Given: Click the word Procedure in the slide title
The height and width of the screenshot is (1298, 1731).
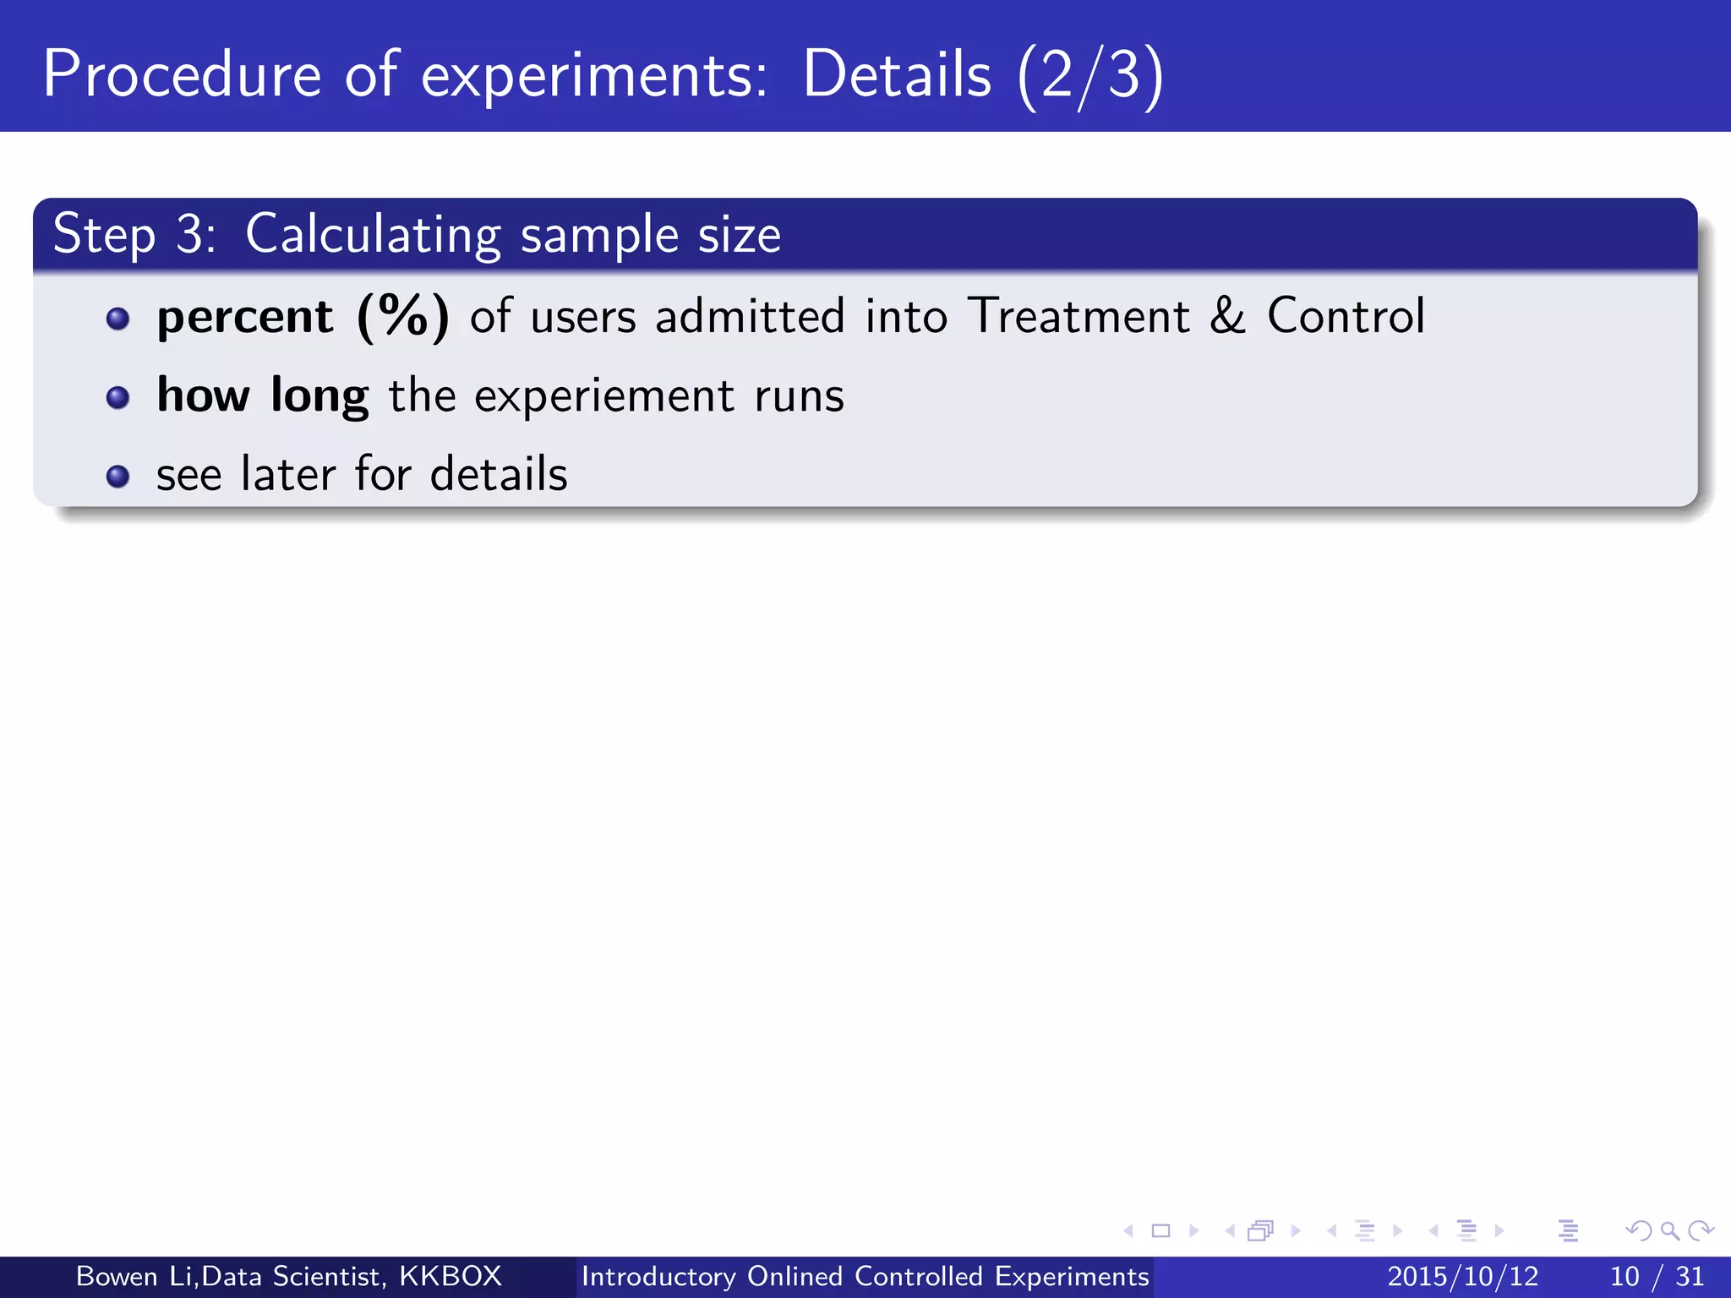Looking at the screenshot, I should coord(182,74).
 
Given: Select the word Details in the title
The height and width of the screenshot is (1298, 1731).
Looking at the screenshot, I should coord(896,74).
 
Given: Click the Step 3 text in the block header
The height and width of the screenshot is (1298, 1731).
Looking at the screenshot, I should coord(134,234).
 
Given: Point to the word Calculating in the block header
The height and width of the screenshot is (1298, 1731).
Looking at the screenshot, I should coord(373,234).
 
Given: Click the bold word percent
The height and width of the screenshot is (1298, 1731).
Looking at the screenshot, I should coord(245,317).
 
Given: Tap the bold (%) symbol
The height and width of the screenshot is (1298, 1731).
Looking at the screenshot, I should coord(403,317).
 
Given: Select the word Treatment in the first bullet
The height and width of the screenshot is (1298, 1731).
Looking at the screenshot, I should coord(1078,316).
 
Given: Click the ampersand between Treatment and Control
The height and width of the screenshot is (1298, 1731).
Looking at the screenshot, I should coord(1227,316).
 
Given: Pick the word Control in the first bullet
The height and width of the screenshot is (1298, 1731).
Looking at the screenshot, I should coord(1346,316).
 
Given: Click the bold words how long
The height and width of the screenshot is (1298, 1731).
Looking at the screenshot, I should coord(263,395).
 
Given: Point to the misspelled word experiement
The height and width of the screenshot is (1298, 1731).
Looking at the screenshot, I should coord(604,395).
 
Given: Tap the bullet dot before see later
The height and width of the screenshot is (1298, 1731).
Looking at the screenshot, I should coord(118,477).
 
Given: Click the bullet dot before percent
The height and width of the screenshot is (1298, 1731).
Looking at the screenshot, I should coord(118,319).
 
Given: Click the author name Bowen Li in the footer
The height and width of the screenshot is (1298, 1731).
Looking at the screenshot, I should coord(135,1276).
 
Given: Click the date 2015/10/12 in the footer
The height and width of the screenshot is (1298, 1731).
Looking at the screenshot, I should coord(1462,1276).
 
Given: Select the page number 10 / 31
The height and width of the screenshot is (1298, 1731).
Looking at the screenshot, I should coord(1657,1276).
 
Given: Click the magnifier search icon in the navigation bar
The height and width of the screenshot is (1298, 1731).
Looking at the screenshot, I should coord(1669,1230).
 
